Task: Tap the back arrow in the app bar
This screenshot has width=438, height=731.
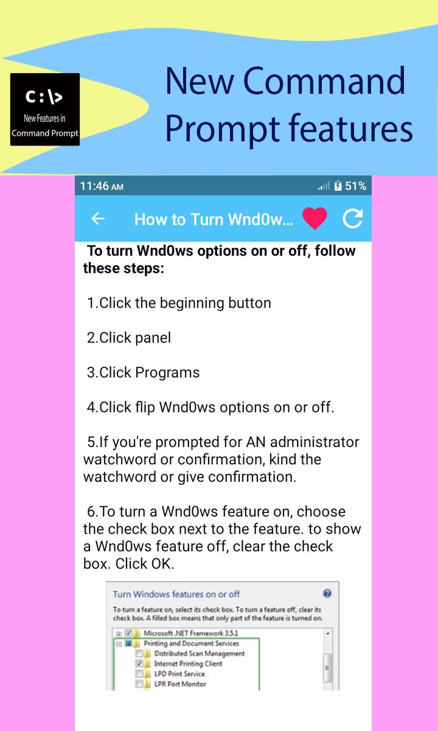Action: pyautogui.click(x=98, y=219)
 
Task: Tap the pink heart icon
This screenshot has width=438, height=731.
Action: pyautogui.click(x=315, y=218)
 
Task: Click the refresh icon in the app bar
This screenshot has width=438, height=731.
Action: pyautogui.click(x=353, y=218)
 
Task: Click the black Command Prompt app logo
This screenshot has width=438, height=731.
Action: pyautogui.click(x=45, y=109)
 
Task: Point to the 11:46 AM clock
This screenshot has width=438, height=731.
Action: pyautogui.click(x=102, y=186)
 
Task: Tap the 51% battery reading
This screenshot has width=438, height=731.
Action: pyautogui.click(x=355, y=186)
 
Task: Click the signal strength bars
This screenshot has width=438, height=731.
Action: pyautogui.click(x=324, y=186)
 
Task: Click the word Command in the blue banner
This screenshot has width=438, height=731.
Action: pyautogui.click(x=324, y=80)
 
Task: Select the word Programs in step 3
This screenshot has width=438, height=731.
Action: pyautogui.click(x=167, y=373)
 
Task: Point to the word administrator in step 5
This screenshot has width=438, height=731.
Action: pyautogui.click(x=315, y=442)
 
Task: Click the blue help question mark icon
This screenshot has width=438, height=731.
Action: pyautogui.click(x=327, y=593)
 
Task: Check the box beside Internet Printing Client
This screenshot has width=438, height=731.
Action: pyautogui.click(x=139, y=663)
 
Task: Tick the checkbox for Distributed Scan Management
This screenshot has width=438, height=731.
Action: pyautogui.click(x=139, y=653)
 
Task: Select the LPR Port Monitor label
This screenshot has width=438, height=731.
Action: pyautogui.click(x=180, y=683)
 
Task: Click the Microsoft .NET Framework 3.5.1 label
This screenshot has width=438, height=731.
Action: pyautogui.click(x=191, y=633)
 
